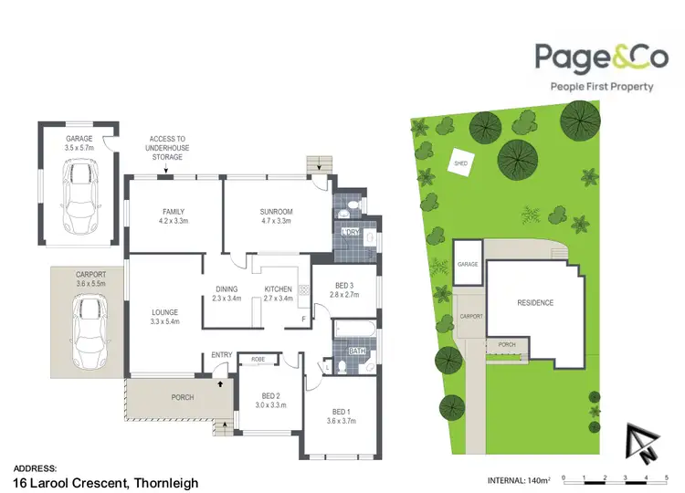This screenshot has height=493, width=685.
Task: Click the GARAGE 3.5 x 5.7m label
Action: [x=78, y=143]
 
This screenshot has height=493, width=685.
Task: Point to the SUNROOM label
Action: [x=276, y=215]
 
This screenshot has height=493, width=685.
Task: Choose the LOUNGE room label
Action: [x=165, y=317]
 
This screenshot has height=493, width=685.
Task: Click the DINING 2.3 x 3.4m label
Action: [x=227, y=294]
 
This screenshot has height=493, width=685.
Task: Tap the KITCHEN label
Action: [x=278, y=294]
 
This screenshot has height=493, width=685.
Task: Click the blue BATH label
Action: [x=357, y=348]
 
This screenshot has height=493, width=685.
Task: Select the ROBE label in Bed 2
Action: [x=258, y=359]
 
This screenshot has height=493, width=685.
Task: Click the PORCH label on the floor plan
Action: [x=183, y=397]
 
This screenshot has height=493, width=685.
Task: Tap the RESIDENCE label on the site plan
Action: [x=535, y=302]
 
